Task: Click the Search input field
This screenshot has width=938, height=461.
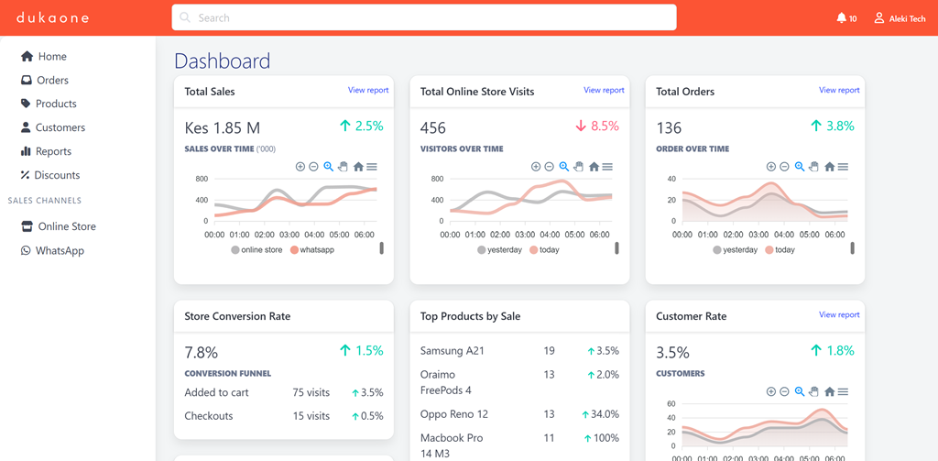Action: tap(423, 17)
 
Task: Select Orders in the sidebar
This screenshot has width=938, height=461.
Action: tap(52, 81)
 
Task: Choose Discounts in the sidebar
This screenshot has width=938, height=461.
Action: tap(57, 175)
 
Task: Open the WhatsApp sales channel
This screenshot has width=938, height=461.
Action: tap(60, 250)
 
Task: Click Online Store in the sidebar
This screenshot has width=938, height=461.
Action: tap(66, 226)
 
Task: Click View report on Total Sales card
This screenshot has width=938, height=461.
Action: tap(368, 91)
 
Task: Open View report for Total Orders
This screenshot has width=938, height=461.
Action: tap(839, 91)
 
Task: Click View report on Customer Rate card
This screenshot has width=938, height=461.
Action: tap(839, 315)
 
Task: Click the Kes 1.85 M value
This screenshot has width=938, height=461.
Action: tap(223, 127)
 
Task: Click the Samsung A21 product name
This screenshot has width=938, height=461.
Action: tap(452, 351)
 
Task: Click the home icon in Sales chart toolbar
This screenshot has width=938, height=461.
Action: tap(358, 167)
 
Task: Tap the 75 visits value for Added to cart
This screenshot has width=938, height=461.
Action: tap(311, 392)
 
